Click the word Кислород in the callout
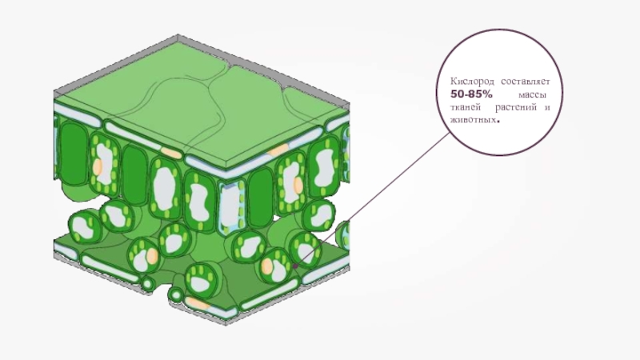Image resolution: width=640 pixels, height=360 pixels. coord(472,82)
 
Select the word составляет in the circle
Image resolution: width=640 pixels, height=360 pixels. coord(526,82)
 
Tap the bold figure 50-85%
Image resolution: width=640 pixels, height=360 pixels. coord(471,94)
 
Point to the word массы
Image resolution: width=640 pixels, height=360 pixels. coord(532,95)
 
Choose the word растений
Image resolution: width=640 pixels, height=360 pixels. coord(516,108)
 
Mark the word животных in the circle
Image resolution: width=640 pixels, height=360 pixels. coord(474,120)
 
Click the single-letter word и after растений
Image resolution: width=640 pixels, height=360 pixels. coord(547,108)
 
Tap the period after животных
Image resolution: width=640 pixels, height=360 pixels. coord(498,122)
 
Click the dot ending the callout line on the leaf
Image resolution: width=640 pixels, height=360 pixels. coord(294,266)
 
